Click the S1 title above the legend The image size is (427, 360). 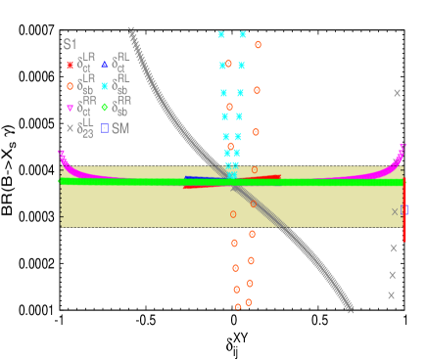[x=70, y=44]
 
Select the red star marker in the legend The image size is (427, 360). [x=70, y=66]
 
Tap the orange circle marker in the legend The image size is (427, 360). [x=70, y=86]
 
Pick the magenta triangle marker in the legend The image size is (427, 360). [x=70, y=108]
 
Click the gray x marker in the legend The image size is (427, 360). [x=70, y=128]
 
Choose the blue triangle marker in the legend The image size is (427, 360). [x=104, y=66]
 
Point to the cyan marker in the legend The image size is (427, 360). [x=104, y=86]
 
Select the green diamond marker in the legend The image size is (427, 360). [x=104, y=108]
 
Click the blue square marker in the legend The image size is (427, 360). [x=104, y=128]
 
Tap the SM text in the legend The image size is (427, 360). [x=120, y=128]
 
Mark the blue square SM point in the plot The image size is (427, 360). [x=404, y=210]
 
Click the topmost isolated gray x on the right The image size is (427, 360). [x=397, y=93]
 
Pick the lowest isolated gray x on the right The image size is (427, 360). [x=391, y=294]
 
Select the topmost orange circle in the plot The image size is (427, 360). [x=258, y=44]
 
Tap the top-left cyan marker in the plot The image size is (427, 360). [x=221, y=34]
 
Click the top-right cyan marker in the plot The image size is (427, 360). [x=242, y=34]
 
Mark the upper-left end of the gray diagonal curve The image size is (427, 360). [x=131, y=30]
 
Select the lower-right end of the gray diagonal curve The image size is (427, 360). [x=350, y=309]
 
